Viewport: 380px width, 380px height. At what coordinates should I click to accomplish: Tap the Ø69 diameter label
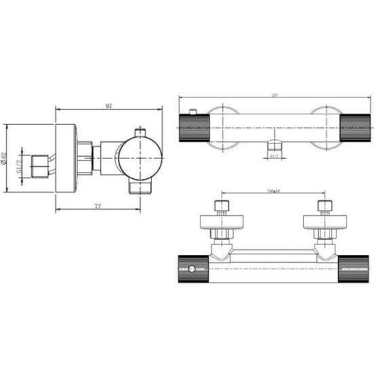[x=6, y=162]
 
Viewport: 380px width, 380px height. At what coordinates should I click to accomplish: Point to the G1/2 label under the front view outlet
[x=273, y=156]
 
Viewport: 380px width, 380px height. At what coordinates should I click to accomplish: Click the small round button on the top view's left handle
[x=196, y=269]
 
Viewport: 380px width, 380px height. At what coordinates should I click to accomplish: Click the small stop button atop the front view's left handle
[x=194, y=112]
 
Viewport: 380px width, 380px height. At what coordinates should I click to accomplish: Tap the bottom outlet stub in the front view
[x=273, y=147]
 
